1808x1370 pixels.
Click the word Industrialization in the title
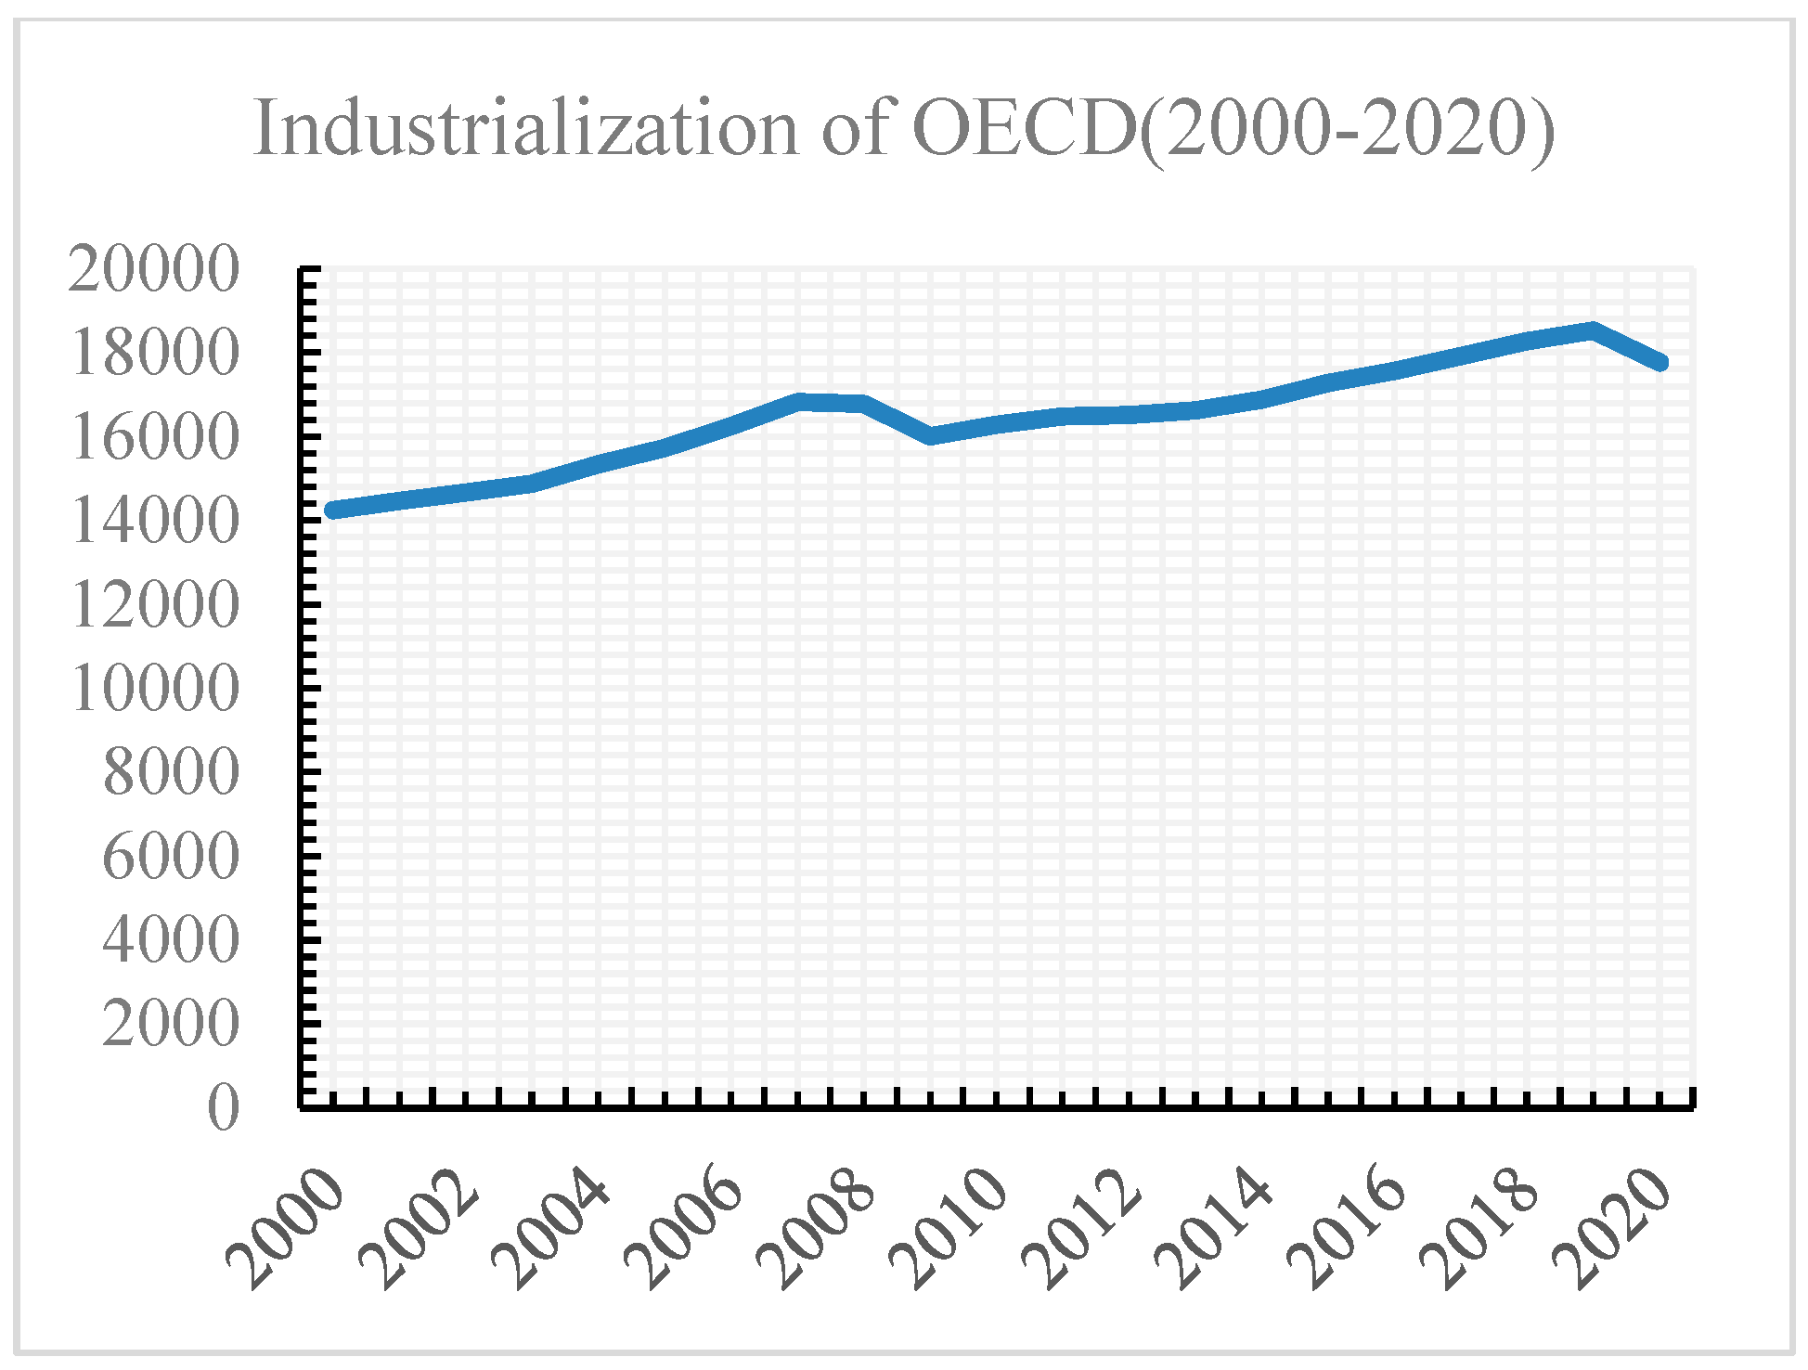(525, 129)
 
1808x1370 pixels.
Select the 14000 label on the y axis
(154, 521)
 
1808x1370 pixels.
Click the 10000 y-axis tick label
(154, 689)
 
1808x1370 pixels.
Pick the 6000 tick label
(171, 856)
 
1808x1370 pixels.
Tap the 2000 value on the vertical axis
(171, 1024)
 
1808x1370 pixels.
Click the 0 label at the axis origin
(223, 1107)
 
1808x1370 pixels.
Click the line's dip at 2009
(931, 435)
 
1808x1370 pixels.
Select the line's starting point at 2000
(332, 510)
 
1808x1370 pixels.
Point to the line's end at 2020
(1660, 362)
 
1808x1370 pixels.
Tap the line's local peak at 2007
(799, 402)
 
